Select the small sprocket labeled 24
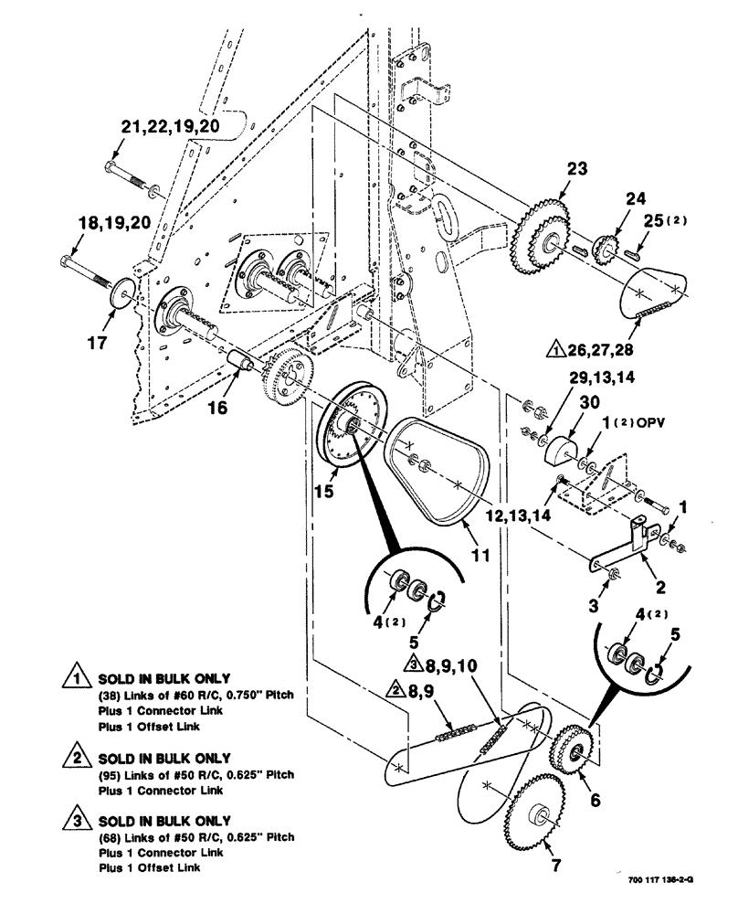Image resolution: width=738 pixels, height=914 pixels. tap(605, 247)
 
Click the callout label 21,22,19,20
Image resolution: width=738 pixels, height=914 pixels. tap(171, 127)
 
